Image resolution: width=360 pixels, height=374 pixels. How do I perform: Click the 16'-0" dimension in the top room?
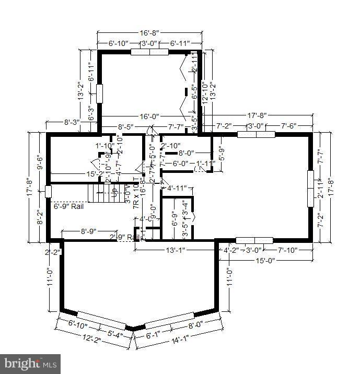tap(149, 116)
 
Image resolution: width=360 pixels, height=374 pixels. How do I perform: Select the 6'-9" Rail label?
tap(69, 206)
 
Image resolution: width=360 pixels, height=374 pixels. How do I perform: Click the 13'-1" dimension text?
tap(175, 250)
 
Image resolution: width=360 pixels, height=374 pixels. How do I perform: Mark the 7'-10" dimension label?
tap(287, 250)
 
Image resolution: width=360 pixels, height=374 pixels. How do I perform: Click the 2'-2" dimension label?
tap(53, 252)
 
